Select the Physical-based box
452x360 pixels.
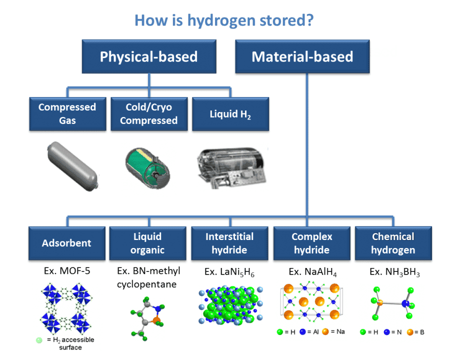148,56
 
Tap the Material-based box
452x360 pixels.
302,56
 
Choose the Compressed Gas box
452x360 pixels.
67,113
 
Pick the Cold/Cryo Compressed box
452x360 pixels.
148,113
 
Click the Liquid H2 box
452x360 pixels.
230,113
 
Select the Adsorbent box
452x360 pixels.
66,243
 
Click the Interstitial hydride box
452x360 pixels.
229,243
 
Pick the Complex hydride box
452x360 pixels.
312,243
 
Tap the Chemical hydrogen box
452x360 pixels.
393,243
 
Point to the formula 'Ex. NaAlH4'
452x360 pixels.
312,272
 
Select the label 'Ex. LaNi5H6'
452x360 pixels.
229,272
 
